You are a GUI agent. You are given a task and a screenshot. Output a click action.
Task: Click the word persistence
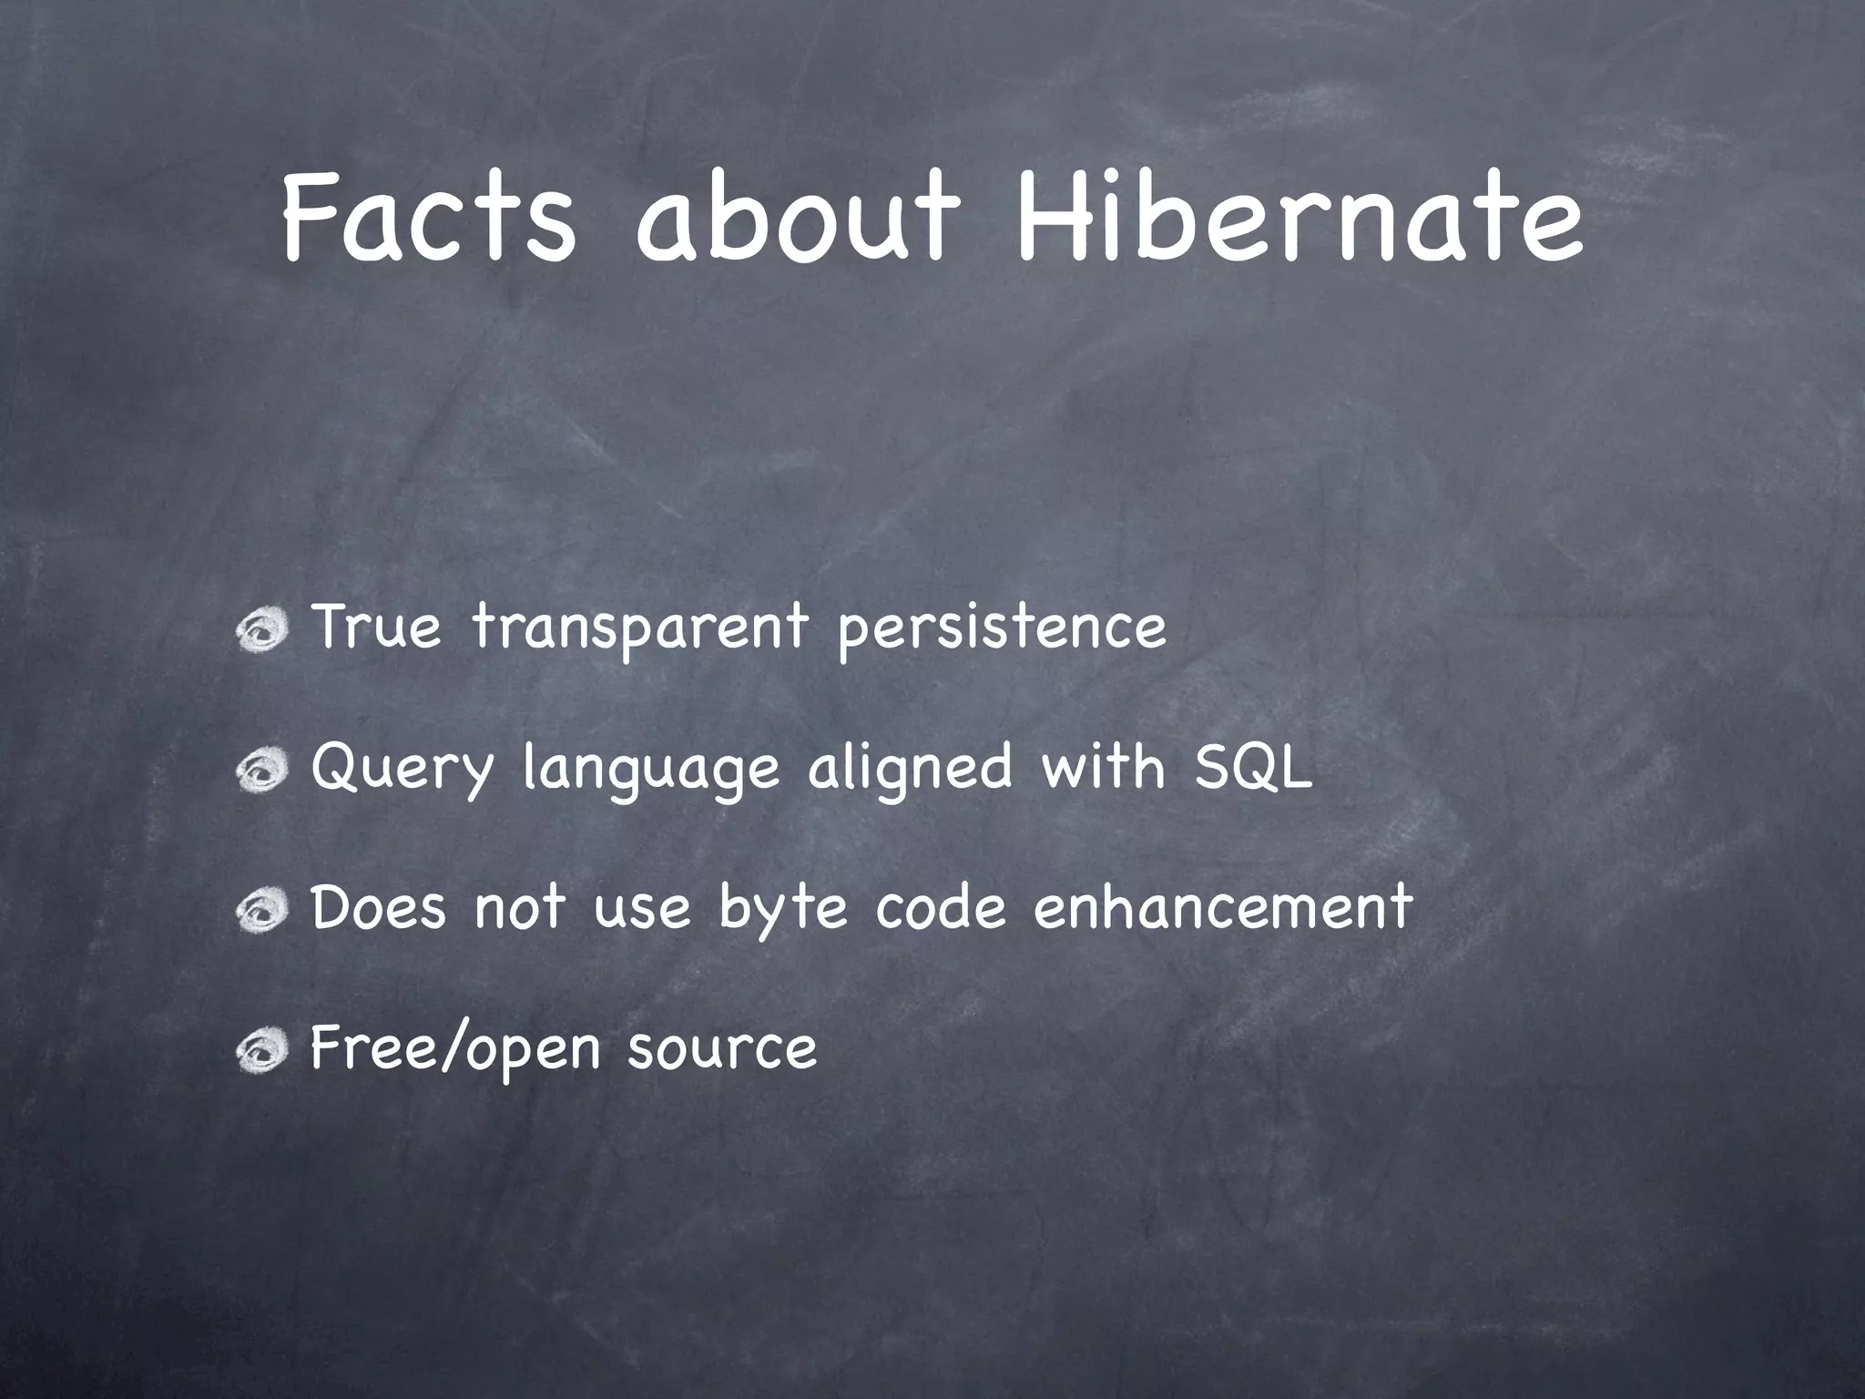point(1001,628)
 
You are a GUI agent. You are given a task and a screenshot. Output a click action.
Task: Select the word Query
point(402,770)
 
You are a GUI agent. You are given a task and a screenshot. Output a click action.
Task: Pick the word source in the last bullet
point(721,1049)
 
